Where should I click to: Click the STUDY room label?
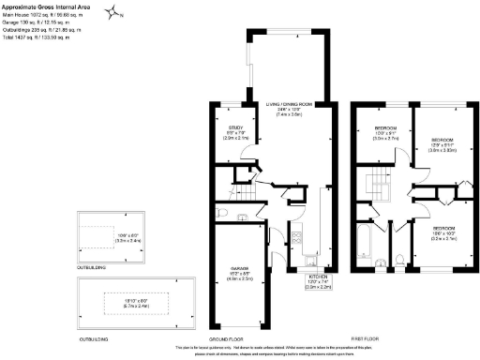pyautogui.click(x=236, y=131)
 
